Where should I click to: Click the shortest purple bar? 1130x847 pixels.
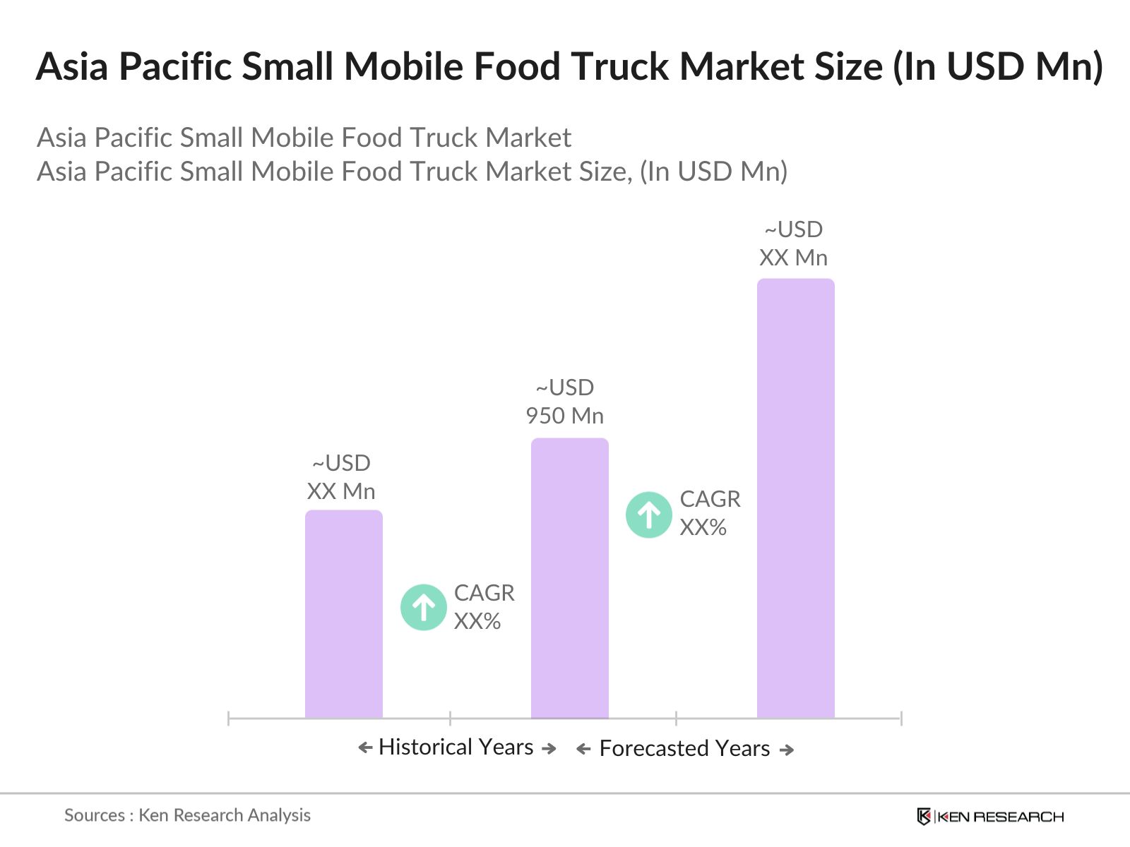344,614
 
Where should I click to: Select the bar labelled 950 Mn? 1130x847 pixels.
570,578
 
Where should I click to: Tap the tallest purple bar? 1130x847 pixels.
796,498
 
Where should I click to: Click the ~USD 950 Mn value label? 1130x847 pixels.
565,402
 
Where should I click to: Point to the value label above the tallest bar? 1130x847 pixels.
794,244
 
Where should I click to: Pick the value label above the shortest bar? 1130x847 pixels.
341,477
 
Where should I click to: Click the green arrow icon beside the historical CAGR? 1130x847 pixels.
424,607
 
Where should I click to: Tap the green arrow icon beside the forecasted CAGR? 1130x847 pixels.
649,515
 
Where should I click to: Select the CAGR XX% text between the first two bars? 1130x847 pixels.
484,607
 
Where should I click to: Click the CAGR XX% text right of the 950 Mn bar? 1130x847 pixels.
710,513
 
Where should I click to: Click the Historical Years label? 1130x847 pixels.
456,747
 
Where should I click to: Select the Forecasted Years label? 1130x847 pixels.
684,748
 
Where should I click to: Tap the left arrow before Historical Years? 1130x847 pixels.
365,747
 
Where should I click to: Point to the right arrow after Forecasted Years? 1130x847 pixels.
787,750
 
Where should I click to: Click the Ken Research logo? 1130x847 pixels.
990,817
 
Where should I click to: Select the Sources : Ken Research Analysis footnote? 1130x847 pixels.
187,815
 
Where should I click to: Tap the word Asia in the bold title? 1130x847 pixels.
71,67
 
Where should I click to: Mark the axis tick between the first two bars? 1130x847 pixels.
450,719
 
